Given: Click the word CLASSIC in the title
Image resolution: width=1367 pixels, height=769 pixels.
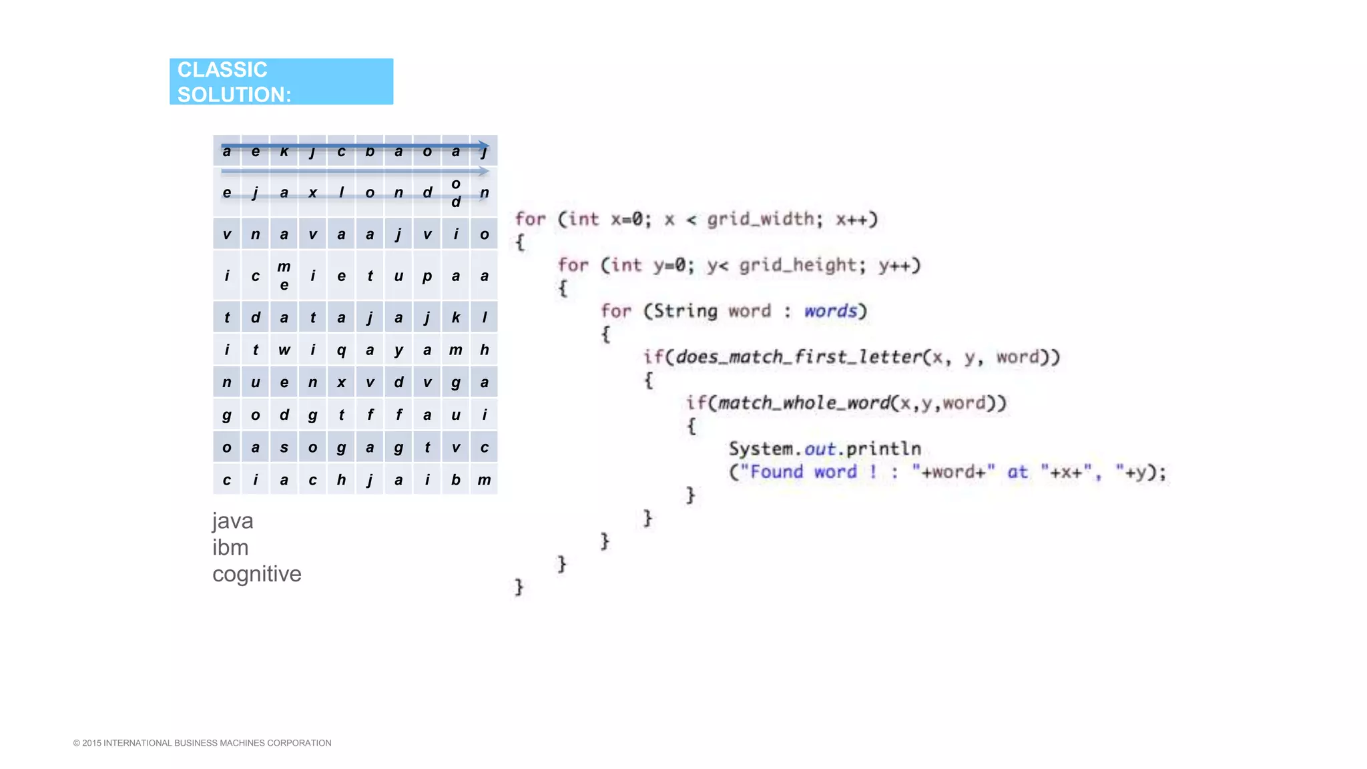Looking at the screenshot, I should point(222,69).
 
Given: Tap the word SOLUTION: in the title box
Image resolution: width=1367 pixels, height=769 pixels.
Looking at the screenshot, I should point(234,95).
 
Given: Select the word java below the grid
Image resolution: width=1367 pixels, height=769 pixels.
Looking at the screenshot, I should point(232,521).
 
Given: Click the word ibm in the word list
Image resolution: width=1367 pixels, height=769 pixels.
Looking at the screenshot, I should point(230,547).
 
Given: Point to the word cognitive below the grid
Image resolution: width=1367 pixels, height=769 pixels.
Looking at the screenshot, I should point(256,574).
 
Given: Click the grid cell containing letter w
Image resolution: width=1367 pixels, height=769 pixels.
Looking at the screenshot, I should point(284,350).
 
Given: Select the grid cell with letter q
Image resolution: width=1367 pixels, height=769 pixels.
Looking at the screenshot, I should point(341,350).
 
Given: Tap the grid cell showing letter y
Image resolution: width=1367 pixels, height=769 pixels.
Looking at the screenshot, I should point(398,350).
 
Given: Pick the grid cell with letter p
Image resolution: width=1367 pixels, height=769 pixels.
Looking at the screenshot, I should point(427,276).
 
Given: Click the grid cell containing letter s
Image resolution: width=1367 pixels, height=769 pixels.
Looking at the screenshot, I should point(284,447).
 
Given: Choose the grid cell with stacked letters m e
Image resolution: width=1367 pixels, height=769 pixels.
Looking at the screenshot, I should point(284,276).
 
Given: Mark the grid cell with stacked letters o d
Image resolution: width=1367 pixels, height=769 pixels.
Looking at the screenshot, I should point(456,192).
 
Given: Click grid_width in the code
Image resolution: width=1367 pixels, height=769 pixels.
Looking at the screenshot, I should point(760,219).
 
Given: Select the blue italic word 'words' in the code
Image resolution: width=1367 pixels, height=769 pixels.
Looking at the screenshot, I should point(830,311).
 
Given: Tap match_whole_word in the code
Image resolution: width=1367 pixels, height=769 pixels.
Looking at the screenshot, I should point(804,403).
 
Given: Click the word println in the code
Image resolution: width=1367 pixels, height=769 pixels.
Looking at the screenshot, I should point(883,449).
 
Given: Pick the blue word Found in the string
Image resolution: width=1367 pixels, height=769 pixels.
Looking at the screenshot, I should point(776,472).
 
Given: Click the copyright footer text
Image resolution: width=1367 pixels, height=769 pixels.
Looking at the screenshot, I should point(202,743).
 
